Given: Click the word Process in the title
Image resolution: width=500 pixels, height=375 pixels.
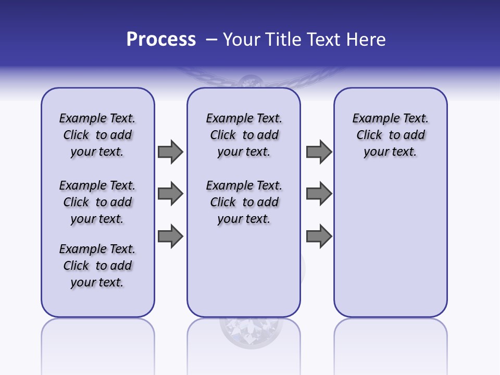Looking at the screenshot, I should point(161,40).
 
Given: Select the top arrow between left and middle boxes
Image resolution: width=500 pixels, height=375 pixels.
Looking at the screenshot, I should point(170,152).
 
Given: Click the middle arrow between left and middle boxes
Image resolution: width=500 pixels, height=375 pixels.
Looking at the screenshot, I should point(170,194).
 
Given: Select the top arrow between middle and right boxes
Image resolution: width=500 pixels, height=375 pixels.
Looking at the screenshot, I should point(319,152).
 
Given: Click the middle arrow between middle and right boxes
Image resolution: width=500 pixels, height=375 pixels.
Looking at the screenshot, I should point(319,194).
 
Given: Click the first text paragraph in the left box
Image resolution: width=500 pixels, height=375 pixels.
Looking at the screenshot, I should point(97,135).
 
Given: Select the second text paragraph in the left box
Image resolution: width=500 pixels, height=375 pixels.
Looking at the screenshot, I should point(97,202).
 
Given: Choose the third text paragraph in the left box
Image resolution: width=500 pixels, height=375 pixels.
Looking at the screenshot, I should point(97,266).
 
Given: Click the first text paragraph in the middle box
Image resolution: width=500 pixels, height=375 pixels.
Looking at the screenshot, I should point(244,135).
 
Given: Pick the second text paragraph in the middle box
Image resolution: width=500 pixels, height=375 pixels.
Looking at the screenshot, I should point(244,202).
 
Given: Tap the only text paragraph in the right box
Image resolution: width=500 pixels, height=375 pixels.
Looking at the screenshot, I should point(390,135).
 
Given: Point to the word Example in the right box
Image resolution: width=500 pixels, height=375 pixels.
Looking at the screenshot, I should point(373,118).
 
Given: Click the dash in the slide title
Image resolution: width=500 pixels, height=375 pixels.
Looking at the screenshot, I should point(211,40).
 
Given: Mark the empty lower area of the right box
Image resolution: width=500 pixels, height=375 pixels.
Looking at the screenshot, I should point(390,250).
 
